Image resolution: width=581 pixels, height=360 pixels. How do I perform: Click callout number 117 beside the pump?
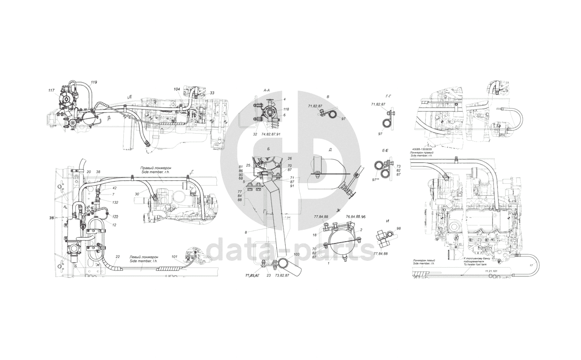click(52, 91)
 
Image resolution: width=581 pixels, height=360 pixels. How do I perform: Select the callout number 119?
click(94, 82)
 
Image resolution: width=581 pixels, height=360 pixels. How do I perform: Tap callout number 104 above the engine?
click(178, 90)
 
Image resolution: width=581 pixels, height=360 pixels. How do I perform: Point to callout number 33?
click(212, 93)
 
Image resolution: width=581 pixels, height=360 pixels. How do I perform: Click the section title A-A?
click(267, 90)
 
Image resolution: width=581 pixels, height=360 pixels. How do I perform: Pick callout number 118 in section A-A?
click(286, 109)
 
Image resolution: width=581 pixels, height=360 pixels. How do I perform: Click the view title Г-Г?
click(389, 96)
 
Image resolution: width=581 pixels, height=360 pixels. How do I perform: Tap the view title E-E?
click(385, 151)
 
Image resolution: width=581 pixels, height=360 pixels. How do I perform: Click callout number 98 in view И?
click(398, 229)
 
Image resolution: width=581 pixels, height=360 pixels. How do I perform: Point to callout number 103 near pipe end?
click(297, 254)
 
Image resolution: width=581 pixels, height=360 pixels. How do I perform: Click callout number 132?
click(115, 203)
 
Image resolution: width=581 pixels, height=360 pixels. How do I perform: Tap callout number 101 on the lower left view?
click(175, 257)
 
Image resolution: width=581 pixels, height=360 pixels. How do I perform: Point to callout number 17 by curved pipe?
click(531, 265)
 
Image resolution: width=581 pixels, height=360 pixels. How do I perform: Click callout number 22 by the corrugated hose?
click(117, 257)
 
